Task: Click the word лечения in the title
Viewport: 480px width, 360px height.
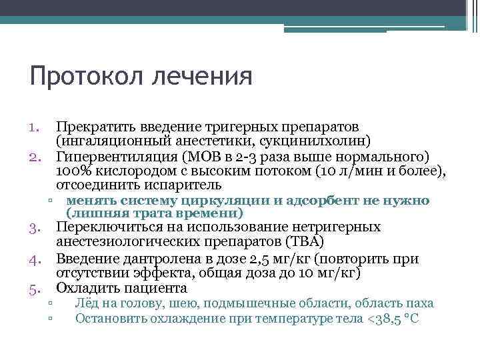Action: [203, 75]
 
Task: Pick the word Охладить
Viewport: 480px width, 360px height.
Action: [88, 289]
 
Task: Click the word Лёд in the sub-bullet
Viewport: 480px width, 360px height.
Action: [87, 303]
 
